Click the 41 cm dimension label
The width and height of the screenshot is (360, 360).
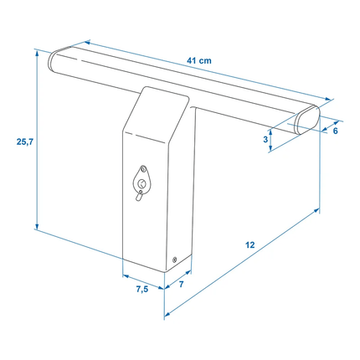[199, 60]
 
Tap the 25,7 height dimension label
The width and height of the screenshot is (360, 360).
[25, 141]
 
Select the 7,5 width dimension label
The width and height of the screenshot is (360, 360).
[142, 290]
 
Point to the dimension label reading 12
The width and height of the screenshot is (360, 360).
[250, 244]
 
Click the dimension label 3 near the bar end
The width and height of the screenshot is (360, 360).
[265, 139]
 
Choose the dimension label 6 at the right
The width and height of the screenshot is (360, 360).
[335, 131]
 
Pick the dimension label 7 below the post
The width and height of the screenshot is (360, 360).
[182, 284]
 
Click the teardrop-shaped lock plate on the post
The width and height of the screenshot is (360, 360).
[141, 179]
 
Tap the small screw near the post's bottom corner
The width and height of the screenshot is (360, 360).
[175, 260]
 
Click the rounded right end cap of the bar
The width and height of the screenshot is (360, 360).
[307, 120]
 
